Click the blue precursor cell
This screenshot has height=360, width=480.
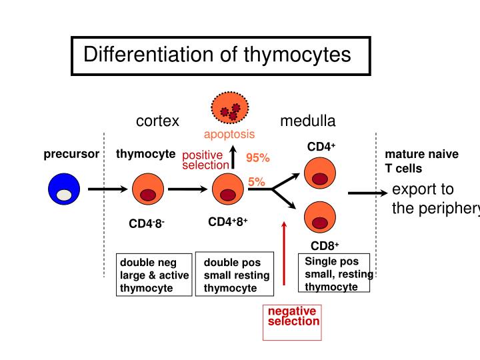tap(64, 189)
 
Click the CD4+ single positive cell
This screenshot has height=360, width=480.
tap(321, 173)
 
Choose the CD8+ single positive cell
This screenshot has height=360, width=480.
tap(321, 217)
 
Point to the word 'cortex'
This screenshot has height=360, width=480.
tap(158, 121)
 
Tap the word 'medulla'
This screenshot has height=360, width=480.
tap(308, 121)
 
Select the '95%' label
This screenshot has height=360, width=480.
tap(257, 158)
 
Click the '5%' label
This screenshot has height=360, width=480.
tap(257, 181)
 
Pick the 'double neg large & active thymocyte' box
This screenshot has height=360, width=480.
tap(153, 275)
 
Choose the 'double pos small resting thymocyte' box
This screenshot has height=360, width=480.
tap(235, 275)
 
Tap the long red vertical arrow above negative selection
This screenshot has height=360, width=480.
tap(285, 253)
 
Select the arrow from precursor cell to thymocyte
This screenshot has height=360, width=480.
tap(107, 189)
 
